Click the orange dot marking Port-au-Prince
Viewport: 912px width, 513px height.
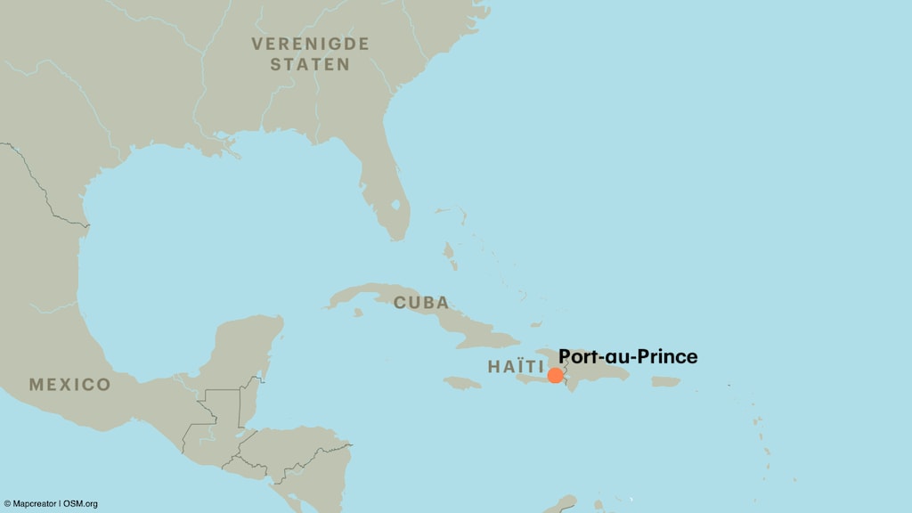(556, 375)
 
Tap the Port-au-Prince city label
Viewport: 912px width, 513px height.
(628, 357)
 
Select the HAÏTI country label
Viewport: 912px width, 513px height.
(516, 366)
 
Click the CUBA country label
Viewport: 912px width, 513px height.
(421, 303)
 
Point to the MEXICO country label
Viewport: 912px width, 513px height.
(69, 385)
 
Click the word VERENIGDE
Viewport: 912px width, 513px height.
(310, 44)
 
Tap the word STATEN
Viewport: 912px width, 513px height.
(310, 64)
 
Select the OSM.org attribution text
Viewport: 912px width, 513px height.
(81, 504)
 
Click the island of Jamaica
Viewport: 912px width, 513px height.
(462, 382)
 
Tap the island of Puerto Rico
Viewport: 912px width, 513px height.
(665, 381)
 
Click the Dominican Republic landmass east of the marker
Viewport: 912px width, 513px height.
(597, 365)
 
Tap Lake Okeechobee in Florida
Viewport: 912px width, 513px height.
(395, 207)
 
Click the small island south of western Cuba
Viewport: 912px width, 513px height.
(358, 313)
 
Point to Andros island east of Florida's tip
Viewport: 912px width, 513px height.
(450, 258)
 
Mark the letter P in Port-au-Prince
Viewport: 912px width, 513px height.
(565, 357)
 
